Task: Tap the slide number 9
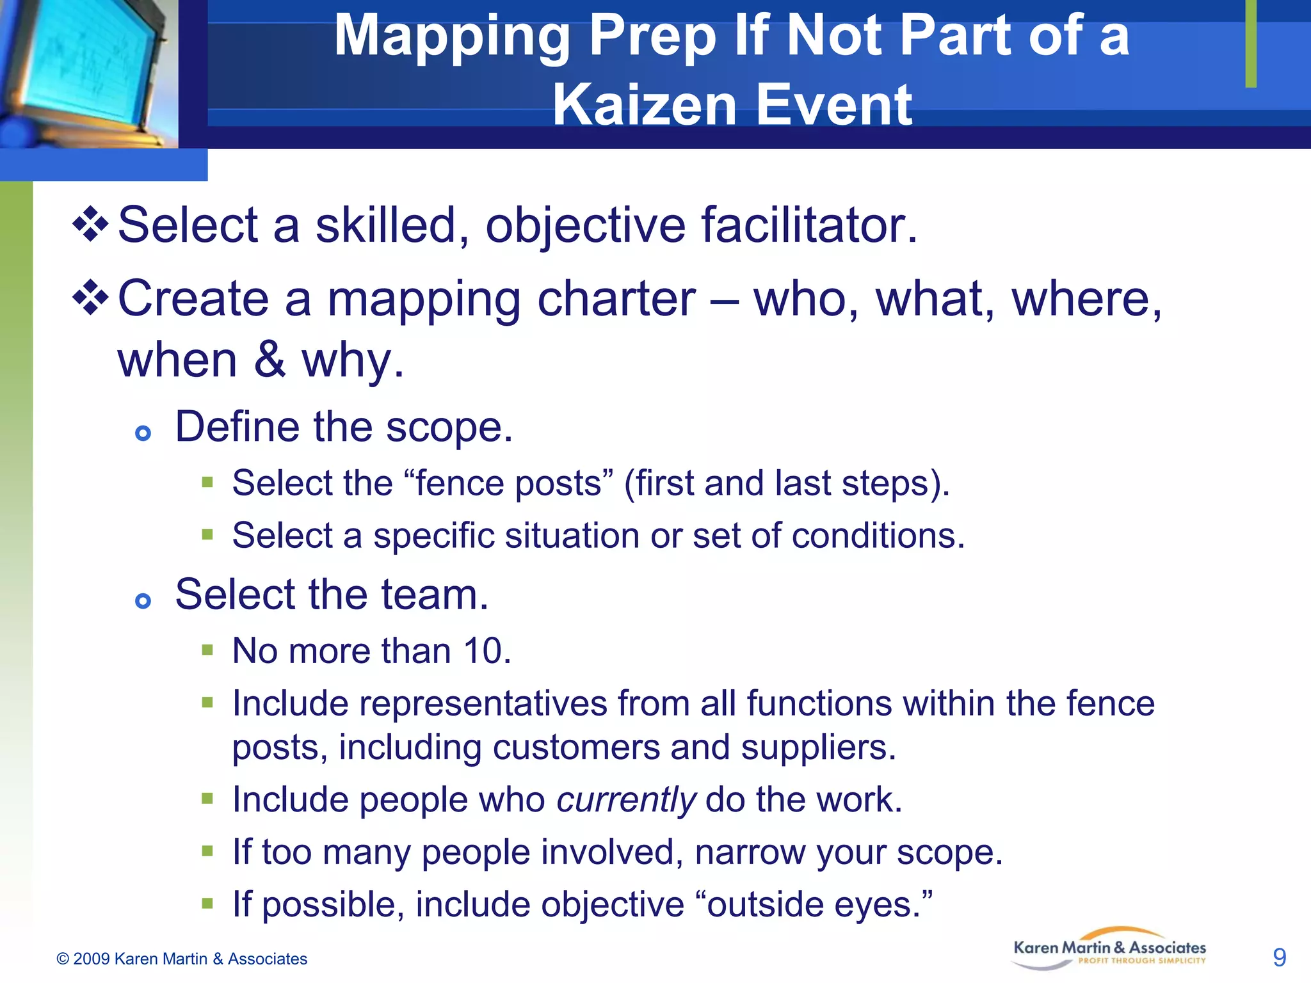tap(1279, 957)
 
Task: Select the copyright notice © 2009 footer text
tap(182, 959)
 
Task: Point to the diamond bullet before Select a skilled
tap(90, 224)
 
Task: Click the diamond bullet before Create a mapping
tap(90, 298)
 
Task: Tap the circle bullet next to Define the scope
tap(143, 434)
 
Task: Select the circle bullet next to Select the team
tap(143, 601)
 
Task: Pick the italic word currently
tap(625, 800)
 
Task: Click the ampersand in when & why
tap(269, 360)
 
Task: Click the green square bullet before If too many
tap(207, 851)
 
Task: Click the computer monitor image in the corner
tap(86, 70)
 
